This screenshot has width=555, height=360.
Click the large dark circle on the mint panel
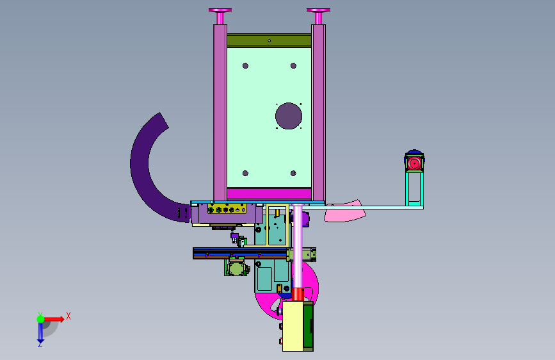289,116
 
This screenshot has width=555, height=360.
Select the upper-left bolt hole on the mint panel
245,65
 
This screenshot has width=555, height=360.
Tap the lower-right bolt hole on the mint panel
293,173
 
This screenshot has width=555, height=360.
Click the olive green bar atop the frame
269,40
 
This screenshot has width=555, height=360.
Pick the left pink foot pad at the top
220,10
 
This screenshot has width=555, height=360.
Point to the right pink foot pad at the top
319,10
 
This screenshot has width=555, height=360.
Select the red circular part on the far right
414,163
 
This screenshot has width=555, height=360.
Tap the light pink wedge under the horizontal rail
345,212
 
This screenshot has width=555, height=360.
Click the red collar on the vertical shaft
298,294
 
